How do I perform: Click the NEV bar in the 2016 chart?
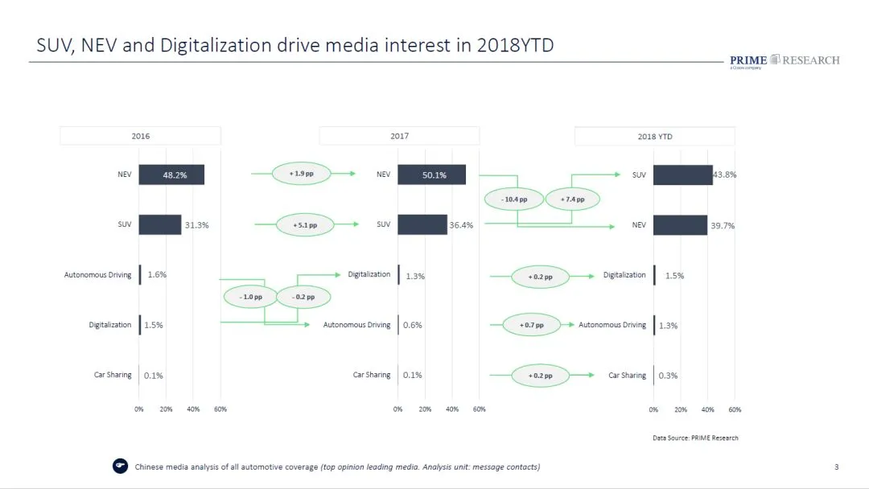[171, 175]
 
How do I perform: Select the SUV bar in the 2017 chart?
[422, 224]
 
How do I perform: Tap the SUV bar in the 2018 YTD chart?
[682, 175]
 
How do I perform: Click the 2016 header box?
[141, 136]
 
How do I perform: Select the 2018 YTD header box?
[654, 137]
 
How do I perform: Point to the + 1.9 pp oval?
[302, 173]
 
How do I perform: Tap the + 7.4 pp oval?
[573, 199]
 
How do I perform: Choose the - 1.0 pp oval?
[251, 297]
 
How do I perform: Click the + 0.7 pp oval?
[531, 325]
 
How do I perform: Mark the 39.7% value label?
[722, 225]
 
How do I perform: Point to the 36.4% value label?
[461, 225]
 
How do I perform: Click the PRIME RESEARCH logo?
[784, 61]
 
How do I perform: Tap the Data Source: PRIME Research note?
[695, 438]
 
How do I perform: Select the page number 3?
[836, 467]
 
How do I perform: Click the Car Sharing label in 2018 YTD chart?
[627, 376]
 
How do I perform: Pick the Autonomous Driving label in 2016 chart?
[97, 275]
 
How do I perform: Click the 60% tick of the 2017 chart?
[480, 409]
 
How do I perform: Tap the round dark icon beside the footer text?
[121, 466]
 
